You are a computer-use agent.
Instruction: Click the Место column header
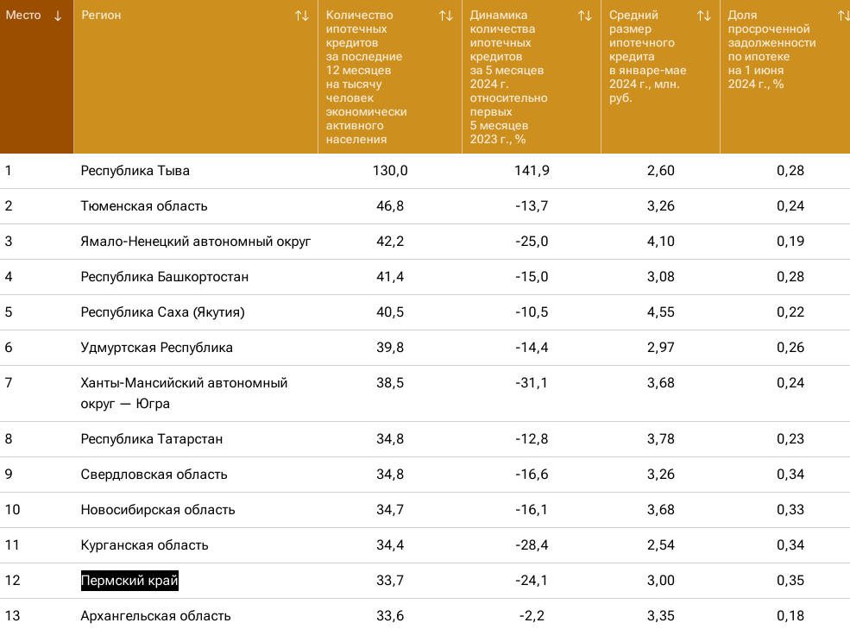click(x=23, y=16)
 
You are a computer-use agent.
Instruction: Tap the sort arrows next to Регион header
click(x=301, y=16)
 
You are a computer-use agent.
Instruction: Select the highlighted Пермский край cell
click(x=129, y=581)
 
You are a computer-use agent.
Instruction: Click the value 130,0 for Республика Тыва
click(x=390, y=171)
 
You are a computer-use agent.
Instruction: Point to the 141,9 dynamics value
click(x=532, y=171)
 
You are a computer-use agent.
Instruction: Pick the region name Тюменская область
click(x=144, y=206)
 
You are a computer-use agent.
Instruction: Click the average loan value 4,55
click(x=660, y=312)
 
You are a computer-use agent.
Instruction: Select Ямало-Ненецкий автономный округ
click(x=196, y=242)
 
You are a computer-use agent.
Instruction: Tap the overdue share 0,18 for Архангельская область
click(x=790, y=616)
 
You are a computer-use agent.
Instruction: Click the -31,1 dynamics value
click(x=532, y=383)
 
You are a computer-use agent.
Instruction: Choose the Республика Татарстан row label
click(x=152, y=439)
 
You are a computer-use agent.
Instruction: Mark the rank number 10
click(x=12, y=510)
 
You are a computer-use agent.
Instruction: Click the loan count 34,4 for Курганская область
click(x=390, y=545)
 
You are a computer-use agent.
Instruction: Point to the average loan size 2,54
click(x=660, y=545)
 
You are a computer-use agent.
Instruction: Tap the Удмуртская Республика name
click(x=157, y=348)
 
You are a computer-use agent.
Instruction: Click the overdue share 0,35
click(x=790, y=581)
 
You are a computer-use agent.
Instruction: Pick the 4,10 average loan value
click(x=660, y=242)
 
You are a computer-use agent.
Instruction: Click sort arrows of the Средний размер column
click(x=704, y=16)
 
